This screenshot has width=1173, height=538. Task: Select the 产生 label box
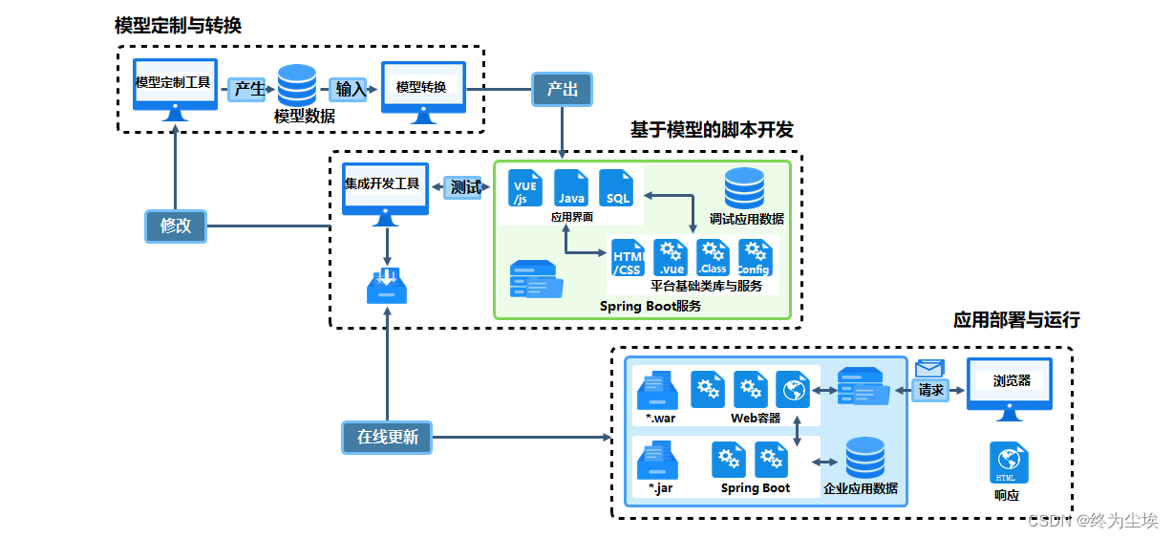[x=248, y=90]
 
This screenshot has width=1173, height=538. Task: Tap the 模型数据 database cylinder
[x=297, y=85]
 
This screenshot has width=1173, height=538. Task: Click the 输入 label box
[x=350, y=90]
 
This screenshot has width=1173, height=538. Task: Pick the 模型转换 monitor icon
[x=423, y=92]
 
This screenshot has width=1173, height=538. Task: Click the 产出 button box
[x=562, y=90]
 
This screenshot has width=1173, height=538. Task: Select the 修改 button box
[x=176, y=226]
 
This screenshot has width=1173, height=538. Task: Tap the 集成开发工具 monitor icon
[x=385, y=192]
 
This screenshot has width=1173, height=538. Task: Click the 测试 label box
[x=464, y=187]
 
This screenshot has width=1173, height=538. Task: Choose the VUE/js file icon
[x=525, y=188]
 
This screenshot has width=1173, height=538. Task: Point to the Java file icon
[x=571, y=188]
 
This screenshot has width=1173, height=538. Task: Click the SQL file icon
[x=617, y=188]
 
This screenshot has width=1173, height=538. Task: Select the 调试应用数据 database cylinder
[x=744, y=188]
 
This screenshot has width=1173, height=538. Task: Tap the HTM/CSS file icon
[x=628, y=258]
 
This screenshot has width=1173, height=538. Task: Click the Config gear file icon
[x=754, y=258]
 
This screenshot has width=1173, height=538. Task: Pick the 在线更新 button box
[x=387, y=438]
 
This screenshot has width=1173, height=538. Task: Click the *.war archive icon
[x=657, y=391]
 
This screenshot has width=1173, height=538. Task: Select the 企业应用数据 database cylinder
[x=865, y=459]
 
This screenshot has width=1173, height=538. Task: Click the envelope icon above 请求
[x=929, y=369]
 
